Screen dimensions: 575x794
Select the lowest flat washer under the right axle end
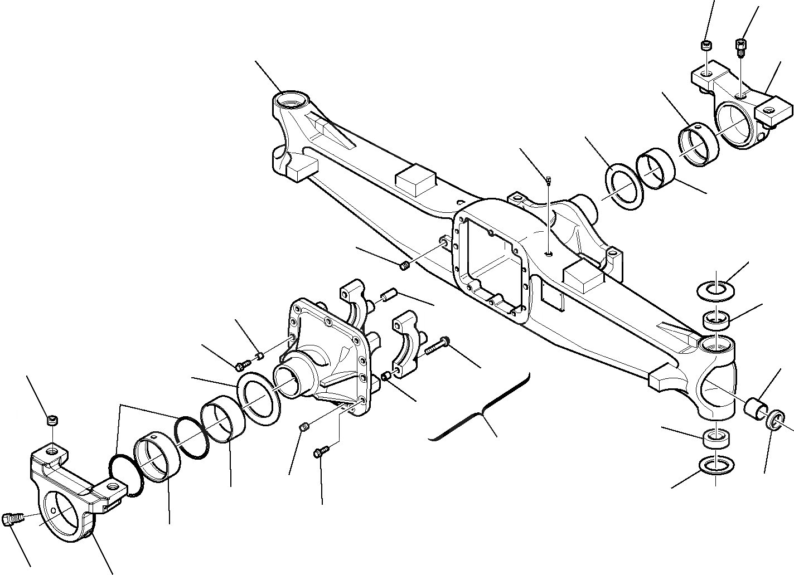(x=715, y=464)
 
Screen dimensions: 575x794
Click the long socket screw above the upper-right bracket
(x=742, y=47)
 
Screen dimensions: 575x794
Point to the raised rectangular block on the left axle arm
(x=415, y=180)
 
